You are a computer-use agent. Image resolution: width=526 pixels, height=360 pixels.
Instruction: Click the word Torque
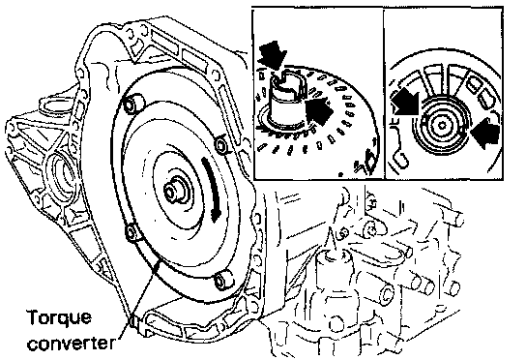click(59, 317)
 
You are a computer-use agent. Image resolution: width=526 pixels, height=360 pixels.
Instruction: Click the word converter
click(72, 343)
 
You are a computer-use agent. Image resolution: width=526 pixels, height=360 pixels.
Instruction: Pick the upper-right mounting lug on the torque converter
click(221, 144)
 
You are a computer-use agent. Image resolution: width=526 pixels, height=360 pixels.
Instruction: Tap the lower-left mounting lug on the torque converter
click(133, 232)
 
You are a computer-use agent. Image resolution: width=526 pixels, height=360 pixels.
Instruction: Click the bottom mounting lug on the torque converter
click(222, 281)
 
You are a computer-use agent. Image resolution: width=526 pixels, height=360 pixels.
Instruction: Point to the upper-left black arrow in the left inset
click(272, 55)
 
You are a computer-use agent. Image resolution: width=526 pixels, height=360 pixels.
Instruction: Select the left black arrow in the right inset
click(405, 102)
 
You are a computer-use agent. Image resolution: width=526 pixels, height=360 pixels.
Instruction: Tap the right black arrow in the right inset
click(485, 132)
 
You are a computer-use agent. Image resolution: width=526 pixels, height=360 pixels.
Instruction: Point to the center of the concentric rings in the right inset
click(442, 126)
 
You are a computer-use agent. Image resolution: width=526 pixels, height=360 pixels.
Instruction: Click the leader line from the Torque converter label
click(140, 296)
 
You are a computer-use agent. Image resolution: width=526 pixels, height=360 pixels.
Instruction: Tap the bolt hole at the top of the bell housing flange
click(130, 34)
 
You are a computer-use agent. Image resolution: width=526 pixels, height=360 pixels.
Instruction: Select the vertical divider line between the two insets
click(384, 93)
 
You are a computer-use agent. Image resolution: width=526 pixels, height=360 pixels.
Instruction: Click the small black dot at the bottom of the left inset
click(340, 174)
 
